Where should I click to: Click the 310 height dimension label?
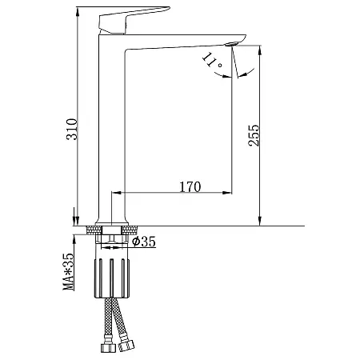tap(72, 130)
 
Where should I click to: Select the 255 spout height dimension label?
tap(254, 135)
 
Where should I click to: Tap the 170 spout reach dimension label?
tap(190, 187)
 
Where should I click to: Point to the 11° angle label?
tap(212, 61)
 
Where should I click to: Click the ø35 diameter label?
tap(144, 242)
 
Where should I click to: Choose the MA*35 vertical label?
tap(68, 272)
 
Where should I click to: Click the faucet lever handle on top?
tap(134, 20)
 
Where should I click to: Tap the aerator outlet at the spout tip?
tap(232, 44)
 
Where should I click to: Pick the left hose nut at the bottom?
tap(108, 347)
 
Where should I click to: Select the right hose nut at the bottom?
tap(126, 346)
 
